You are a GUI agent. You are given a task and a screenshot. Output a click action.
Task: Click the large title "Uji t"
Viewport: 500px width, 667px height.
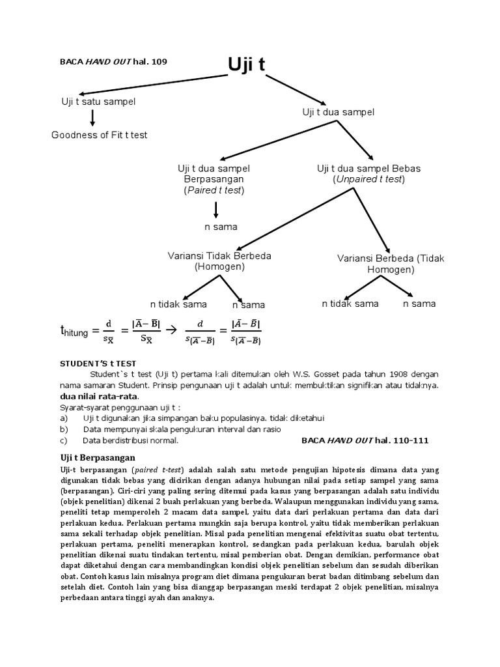(247, 65)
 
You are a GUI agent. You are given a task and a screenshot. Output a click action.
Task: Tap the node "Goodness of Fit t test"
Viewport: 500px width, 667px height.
(100, 135)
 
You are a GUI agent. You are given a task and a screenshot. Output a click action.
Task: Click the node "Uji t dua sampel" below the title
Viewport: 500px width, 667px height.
(339, 112)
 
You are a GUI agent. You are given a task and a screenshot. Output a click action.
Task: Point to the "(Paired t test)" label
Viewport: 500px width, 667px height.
(214, 190)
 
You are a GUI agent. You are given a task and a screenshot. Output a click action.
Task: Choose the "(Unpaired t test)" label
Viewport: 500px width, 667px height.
(368, 179)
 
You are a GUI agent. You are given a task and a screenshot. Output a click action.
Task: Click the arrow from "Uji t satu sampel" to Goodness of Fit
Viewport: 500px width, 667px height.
(92, 118)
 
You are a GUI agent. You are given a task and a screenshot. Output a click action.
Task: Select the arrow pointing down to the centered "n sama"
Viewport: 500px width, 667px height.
(215, 210)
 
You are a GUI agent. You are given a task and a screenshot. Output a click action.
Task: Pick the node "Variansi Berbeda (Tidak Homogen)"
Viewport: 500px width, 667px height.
(391, 264)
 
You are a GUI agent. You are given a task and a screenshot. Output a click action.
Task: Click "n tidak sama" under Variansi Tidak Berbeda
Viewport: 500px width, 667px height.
(178, 304)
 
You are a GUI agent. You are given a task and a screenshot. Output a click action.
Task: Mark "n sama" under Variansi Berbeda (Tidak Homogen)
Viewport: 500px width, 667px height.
(419, 304)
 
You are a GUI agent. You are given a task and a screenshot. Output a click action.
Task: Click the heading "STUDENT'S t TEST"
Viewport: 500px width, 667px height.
(98, 363)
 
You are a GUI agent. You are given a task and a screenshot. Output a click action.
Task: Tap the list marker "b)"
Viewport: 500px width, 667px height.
(64, 429)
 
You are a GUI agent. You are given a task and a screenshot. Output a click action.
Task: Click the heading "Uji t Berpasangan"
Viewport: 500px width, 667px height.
(98, 457)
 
